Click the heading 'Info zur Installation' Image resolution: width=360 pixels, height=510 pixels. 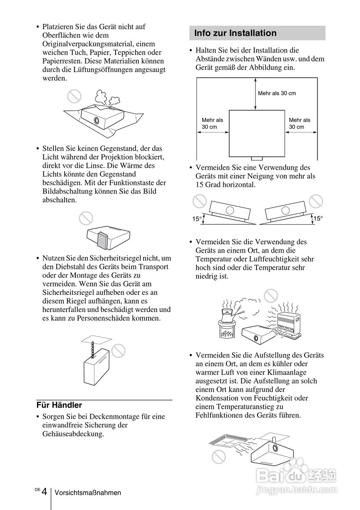point(235,33)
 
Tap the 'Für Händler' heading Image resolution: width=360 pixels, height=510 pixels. point(59,405)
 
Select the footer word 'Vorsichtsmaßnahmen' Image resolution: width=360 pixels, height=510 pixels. point(88,493)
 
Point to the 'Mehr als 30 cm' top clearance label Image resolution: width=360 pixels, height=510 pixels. point(277,93)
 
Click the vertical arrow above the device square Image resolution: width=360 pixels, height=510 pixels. point(255,94)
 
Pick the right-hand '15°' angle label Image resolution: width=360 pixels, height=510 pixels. point(318,218)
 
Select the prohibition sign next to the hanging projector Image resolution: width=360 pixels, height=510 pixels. point(118,350)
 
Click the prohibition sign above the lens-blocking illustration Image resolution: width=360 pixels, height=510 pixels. point(86,218)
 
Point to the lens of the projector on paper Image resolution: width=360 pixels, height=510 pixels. point(96,120)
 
